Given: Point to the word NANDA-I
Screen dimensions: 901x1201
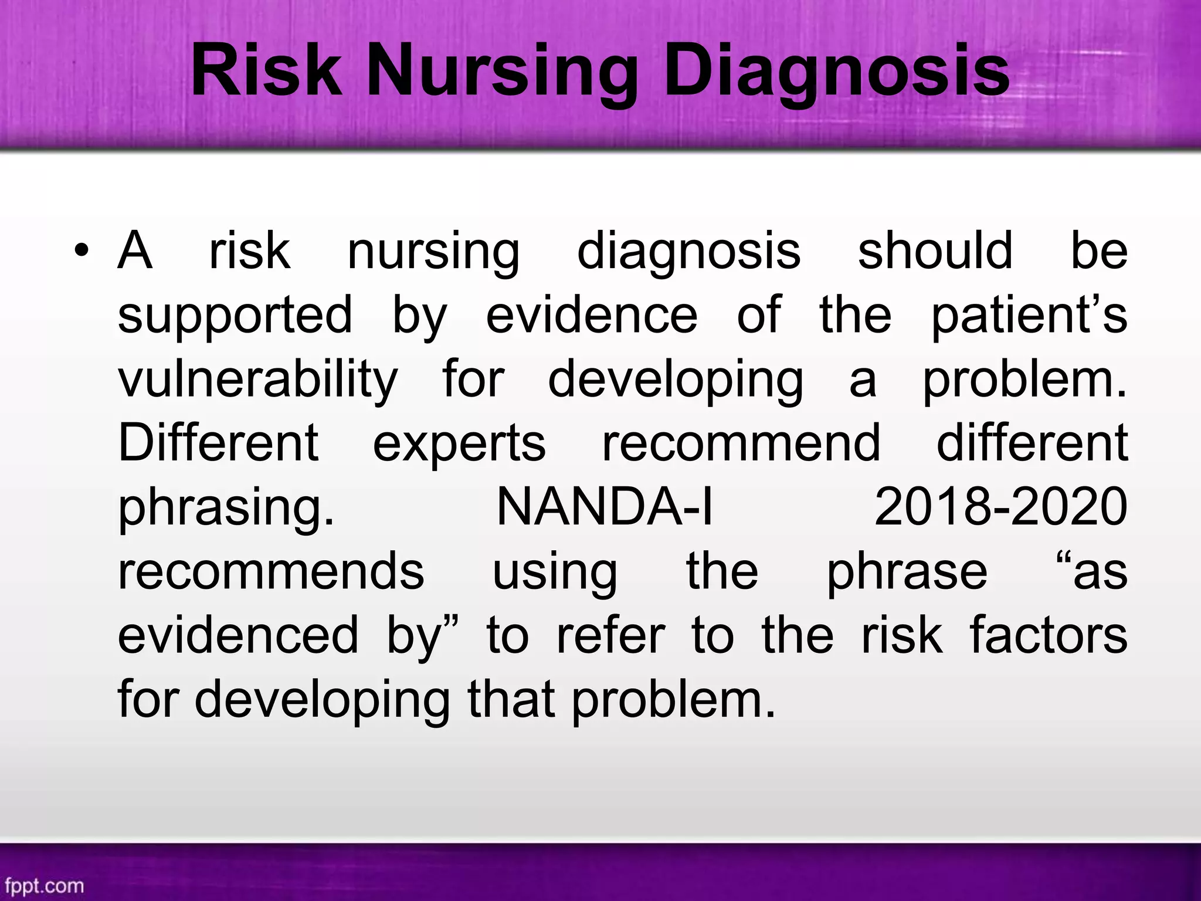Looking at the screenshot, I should pos(605,507).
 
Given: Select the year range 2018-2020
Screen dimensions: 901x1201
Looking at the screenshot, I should pos(1000,507).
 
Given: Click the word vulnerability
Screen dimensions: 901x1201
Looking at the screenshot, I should pos(258,380).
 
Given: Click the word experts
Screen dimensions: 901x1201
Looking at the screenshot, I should pos(459,443).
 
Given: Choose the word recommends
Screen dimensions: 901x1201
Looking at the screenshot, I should pos(271,572).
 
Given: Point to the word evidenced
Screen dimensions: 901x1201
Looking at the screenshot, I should pos(238,635).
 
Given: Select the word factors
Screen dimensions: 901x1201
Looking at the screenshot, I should pos(1049,635).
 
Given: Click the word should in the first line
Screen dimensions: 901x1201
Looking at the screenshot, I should pos(935,251).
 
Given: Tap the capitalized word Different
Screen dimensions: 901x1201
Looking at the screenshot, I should pos(218,443).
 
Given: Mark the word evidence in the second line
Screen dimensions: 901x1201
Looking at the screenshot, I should pos(592,316).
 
